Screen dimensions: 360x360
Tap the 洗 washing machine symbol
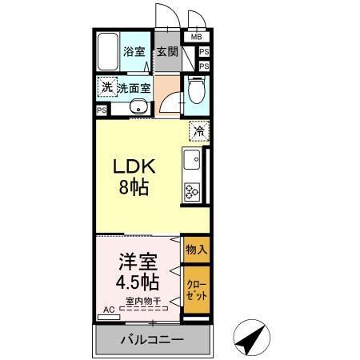[106, 87]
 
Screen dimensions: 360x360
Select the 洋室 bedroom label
[138, 261]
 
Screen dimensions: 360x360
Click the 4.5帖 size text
[137, 282]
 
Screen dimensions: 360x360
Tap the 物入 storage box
[196, 249]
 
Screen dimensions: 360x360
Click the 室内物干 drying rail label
[143, 302]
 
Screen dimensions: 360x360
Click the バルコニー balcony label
[152, 340]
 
